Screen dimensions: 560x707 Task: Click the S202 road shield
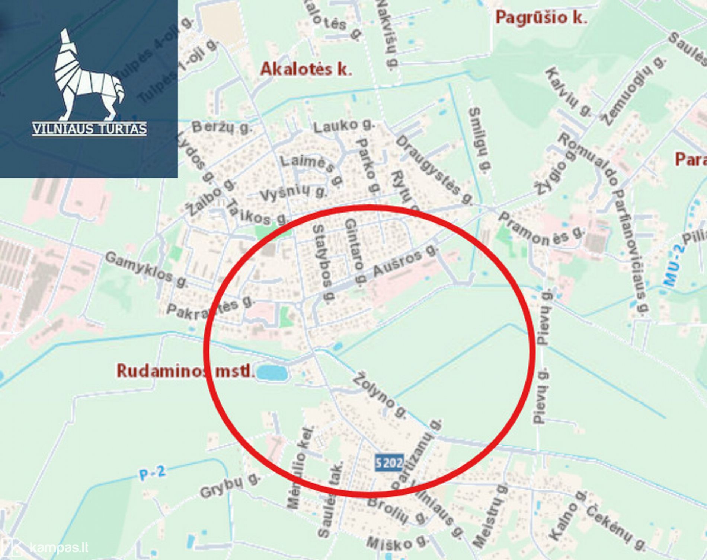pos(389,463)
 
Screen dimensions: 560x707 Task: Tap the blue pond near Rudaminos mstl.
pos(272,372)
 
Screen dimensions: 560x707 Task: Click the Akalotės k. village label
pos(306,69)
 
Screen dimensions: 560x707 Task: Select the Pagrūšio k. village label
pos(541,17)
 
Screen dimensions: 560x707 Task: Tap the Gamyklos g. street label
pos(146,269)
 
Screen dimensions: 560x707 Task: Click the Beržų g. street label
pos(222,127)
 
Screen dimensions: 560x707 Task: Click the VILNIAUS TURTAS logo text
pos(89,129)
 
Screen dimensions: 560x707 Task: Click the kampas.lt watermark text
pos(59,548)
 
